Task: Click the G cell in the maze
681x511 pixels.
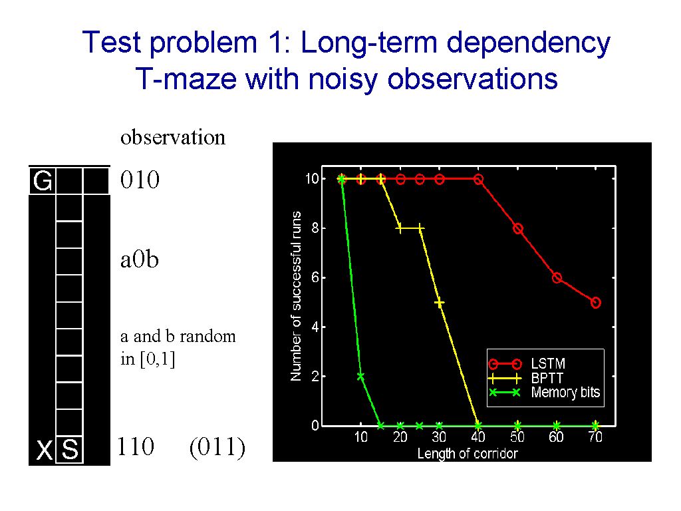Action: (43, 181)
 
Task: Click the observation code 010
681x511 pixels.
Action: (140, 180)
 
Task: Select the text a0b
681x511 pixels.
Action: (140, 259)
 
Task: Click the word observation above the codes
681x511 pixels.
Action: (172, 138)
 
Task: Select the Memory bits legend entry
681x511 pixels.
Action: (565, 393)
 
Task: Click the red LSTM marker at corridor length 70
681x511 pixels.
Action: (595, 302)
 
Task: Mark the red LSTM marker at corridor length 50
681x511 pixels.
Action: (517, 228)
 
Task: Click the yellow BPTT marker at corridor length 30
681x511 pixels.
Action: (439, 302)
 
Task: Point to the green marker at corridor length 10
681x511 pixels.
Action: (360, 376)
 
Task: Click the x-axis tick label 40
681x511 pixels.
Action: (477, 437)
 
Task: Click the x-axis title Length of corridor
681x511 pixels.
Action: (467, 453)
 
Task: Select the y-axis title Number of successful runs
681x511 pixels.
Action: (296, 296)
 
